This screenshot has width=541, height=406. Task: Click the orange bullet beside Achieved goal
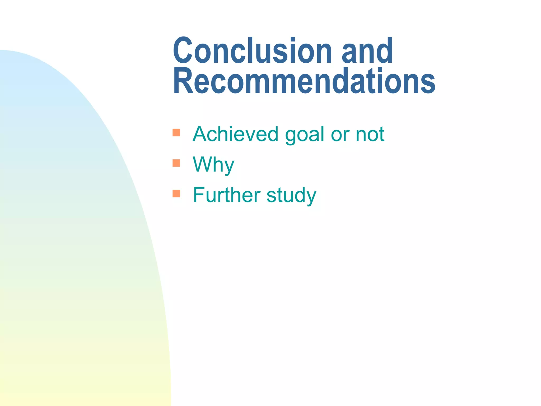click(176, 132)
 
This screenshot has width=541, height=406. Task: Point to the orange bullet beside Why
click(176, 163)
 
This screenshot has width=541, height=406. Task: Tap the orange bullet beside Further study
click(176, 194)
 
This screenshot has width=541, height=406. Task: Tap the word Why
click(213, 165)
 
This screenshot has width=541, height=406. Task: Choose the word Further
click(227, 195)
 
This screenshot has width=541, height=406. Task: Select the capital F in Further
click(199, 195)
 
